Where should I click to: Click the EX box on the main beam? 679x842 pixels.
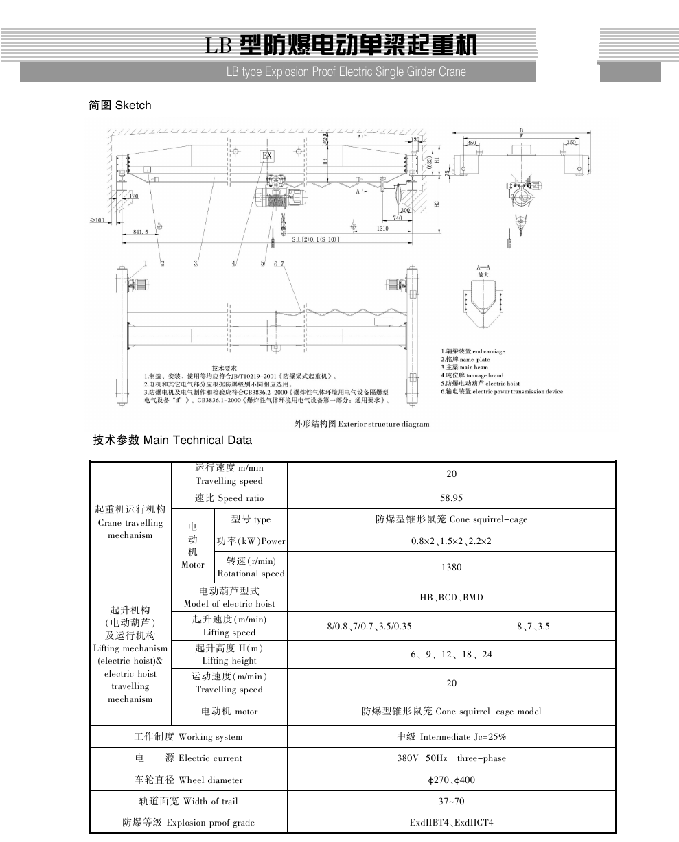tap(267, 156)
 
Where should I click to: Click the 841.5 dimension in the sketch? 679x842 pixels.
tap(141, 233)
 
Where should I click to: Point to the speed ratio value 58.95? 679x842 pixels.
tap(451, 498)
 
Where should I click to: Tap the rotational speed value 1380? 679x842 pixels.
tap(451, 567)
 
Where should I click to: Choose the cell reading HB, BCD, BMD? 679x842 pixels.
tap(451, 597)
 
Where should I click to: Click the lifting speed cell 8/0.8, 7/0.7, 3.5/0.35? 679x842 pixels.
tap(369, 626)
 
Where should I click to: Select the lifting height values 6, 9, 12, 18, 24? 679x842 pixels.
tap(451, 654)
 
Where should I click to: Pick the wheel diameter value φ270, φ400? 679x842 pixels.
tap(451, 780)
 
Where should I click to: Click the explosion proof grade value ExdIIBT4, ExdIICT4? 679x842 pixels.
tap(451, 822)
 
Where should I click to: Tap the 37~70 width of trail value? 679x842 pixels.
tap(451, 801)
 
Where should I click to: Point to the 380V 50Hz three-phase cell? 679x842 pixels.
tap(451, 758)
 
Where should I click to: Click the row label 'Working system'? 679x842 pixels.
tap(188, 737)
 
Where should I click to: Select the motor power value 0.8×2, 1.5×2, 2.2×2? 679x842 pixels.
tap(451, 541)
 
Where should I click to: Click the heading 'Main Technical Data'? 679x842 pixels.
tap(172, 441)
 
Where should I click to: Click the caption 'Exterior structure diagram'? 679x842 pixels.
tap(362, 424)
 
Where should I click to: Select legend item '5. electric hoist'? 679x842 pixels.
tap(481, 384)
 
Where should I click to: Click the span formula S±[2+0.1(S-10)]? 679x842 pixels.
tap(314, 239)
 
